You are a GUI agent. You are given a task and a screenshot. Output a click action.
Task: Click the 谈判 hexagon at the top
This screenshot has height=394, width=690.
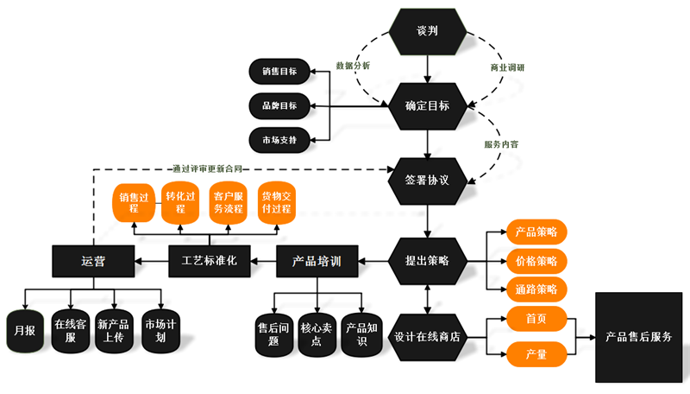(x=429, y=31)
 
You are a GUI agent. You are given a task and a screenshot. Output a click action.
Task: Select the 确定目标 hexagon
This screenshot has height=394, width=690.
(x=429, y=106)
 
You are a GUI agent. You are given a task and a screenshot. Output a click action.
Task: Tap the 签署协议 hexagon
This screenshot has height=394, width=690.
(x=429, y=181)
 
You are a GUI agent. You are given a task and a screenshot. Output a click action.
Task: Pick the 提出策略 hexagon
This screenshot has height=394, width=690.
(x=429, y=260)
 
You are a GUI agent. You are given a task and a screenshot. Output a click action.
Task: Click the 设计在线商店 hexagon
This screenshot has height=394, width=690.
(x=429, y=337)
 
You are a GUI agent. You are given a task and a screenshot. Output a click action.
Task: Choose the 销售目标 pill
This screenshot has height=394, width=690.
(x=279, y=73)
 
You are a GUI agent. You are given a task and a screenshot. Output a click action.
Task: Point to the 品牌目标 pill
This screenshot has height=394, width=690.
(x=279, y=106)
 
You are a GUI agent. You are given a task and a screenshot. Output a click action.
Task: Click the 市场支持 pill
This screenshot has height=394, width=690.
(x=279, y=140)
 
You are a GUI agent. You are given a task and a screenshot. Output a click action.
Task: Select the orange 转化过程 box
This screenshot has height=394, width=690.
(x=181, y=203)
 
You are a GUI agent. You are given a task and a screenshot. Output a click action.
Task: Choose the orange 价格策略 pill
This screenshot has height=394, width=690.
(x=536, y=260)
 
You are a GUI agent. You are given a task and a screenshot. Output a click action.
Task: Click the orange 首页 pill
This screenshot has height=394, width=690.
(x=536, y=319)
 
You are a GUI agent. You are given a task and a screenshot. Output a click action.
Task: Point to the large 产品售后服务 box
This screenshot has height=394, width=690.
(x=639, y=337)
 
